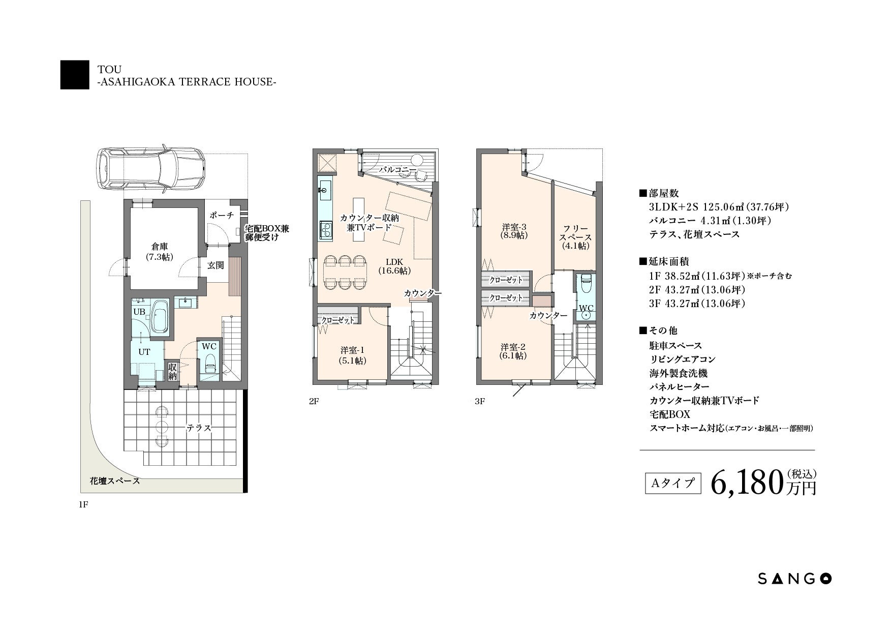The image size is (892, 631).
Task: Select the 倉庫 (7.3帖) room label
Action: (159, 252)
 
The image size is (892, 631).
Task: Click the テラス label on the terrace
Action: (199, 428)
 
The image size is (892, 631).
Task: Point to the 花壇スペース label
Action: (115, 480)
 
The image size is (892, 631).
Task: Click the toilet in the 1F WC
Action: (209, 365)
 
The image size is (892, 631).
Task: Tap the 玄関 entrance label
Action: (216, 265)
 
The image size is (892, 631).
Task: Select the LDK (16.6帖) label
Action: (394, 266)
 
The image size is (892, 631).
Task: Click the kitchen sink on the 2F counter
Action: (325, 189)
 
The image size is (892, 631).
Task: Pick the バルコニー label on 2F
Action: (398, 170)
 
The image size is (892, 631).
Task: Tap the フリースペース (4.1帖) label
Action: (575, 237)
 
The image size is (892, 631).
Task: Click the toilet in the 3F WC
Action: (586, 286)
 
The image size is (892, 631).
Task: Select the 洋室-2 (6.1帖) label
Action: (513, 351)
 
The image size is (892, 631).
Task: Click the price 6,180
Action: (745, 483)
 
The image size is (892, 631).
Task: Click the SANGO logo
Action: (795, 578)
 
